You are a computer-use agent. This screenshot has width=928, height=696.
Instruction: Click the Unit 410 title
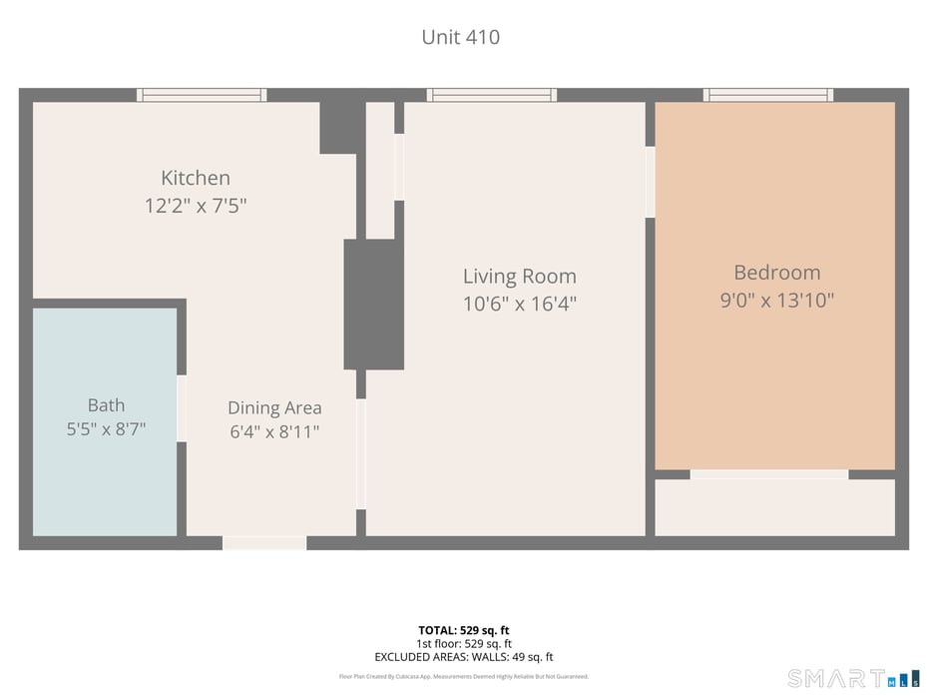tap(460, 37)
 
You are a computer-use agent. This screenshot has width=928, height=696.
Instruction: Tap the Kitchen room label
tap(196, 178)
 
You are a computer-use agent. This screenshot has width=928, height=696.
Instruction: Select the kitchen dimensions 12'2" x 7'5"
tap(196, 206)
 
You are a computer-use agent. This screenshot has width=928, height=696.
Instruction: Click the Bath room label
tap(106, 405)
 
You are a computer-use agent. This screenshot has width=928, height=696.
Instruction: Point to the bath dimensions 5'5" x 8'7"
tap(106, 428)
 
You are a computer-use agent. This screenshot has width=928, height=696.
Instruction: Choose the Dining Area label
tap(274, 407)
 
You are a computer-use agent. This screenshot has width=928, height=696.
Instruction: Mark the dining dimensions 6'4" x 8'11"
tap(274, 431)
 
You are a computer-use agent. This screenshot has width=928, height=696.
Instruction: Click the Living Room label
tap(520, 276)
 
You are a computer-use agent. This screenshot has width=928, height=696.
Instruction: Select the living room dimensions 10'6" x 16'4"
tap(520, 304)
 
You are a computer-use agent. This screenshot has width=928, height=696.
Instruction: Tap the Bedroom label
tap(777, 273)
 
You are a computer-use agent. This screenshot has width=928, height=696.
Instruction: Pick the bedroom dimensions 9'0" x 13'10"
tap(777, 301)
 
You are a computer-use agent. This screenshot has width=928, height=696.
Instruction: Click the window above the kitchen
tap(202, 95)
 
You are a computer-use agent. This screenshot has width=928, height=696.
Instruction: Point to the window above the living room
tap(492, 95)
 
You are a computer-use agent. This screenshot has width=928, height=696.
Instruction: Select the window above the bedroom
tap(768, 95)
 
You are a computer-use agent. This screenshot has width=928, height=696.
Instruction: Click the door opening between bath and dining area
tap(182, 408)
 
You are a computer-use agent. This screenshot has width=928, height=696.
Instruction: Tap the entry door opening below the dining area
tap(264, 542)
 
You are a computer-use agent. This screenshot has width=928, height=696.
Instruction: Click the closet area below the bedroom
tap(774, 507)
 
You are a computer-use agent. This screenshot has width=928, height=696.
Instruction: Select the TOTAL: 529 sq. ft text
tap(463, 630)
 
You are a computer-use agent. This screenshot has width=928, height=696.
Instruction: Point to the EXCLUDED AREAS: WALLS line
tap(463, 657)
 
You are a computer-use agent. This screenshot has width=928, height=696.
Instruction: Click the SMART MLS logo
tap(854, 678)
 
